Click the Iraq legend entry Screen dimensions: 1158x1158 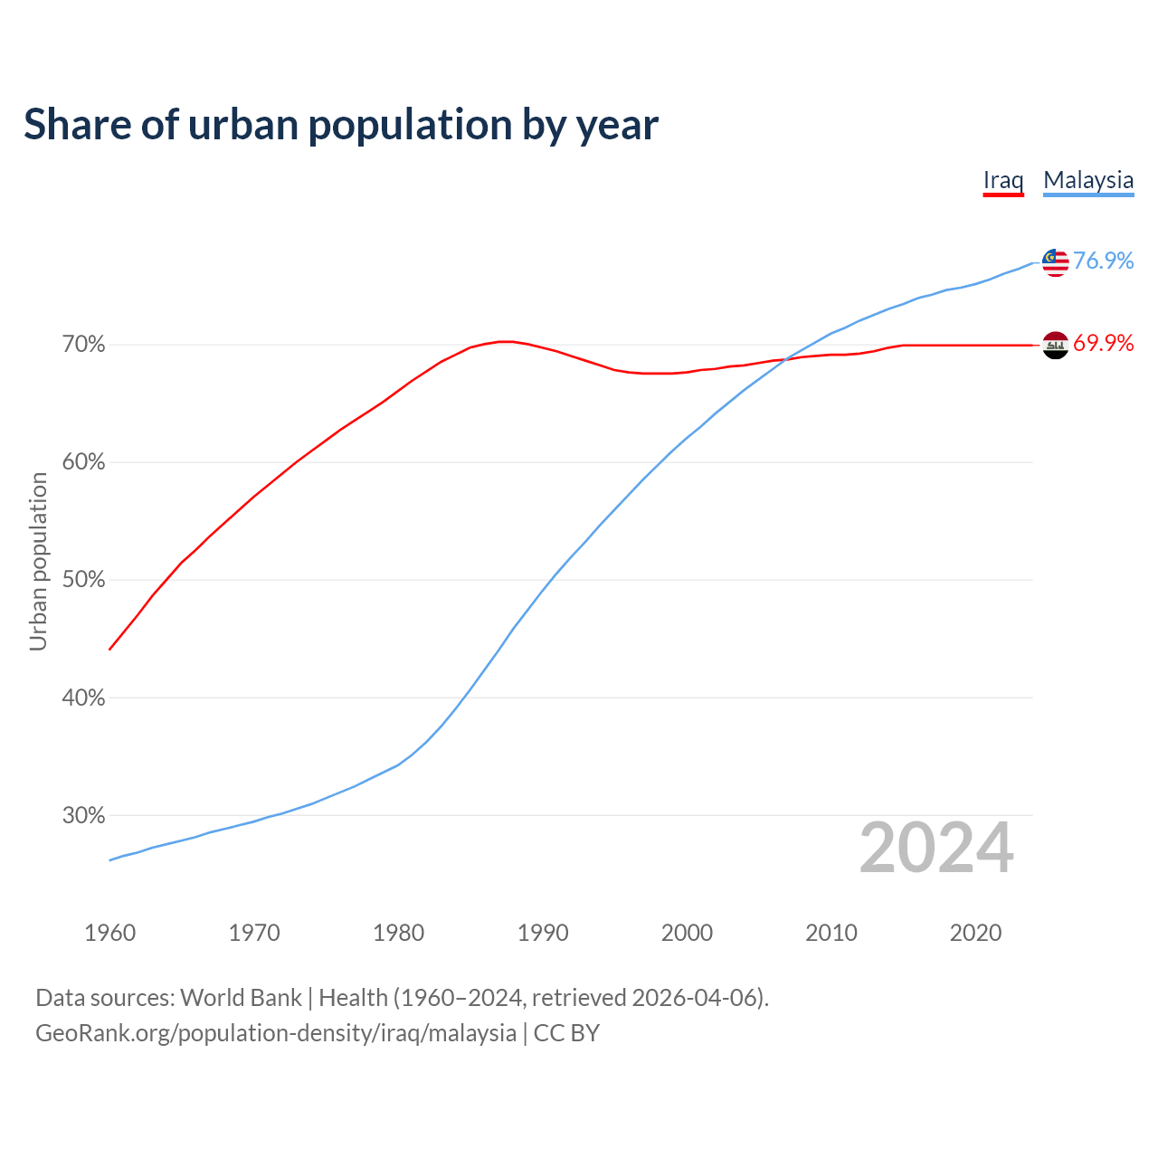point(1003,180)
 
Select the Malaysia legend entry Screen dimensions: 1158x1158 point(1088,180)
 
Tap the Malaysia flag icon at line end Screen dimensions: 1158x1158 point(1055,262)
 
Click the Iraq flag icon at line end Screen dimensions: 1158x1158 point(1055,345)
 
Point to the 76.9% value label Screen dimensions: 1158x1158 point(1103,261)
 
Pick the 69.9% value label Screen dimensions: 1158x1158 point(1103,343)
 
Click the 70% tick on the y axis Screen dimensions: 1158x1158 point(84,345)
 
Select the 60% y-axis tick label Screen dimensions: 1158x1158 point(84,462)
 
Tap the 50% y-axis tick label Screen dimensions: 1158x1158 point(84,580)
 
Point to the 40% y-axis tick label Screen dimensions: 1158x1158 point(84,698)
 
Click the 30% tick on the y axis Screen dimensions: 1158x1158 point(84,815)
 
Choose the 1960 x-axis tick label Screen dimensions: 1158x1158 point(109,933)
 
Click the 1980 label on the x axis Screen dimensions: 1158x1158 point(398,933)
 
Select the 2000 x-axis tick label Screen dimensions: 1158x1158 point(687,933)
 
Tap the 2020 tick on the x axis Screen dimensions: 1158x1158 point(975,933)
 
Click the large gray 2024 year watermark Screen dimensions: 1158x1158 point(935,848)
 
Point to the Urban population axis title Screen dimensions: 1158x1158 point(38,561)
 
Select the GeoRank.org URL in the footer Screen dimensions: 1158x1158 point(276,1033)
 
